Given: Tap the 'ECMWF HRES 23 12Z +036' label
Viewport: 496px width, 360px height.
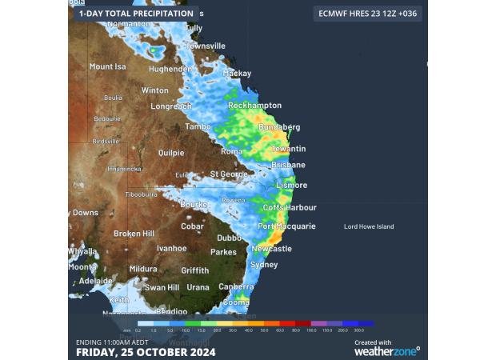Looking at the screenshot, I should pyautogui.click(x=367, y=14).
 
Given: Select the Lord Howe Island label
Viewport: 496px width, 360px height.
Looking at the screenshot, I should pyautogui.click(x=369, y=227).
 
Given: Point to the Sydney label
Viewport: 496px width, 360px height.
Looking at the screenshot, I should pyautogui.click(x=264, y=265).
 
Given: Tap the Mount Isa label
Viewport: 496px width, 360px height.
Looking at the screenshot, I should pyautogui.click(x=108, y=66).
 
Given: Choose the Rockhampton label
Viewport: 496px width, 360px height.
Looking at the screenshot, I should pyautogui.click(x=254, y=106).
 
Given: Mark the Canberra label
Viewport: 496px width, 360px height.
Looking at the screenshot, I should pyautogui.click(x=236, y=286).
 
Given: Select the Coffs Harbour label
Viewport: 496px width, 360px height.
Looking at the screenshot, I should pyautogui.click(x=290, y=208).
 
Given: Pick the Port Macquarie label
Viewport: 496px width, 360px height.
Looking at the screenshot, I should pyautogui.click(x=286, y=226).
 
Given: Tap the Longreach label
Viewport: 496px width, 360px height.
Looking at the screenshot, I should pyautogui.click(x=171, y=106).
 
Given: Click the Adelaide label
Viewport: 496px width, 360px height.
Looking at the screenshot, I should pyautogui.click(x=95, y=281).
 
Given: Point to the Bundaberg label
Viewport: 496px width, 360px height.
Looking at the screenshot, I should pyautogui.click(x=279, y=127).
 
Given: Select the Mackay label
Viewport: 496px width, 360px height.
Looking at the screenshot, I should pyautogui.click(x=237, y=73).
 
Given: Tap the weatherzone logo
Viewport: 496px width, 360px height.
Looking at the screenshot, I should pyautogui.click(x=386, y=350).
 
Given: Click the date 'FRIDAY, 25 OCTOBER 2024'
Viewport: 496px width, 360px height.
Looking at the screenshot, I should pyautogui.click(x=146, y=351).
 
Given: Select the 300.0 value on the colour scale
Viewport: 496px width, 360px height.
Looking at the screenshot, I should pyautogui.click(x=359, y=330).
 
